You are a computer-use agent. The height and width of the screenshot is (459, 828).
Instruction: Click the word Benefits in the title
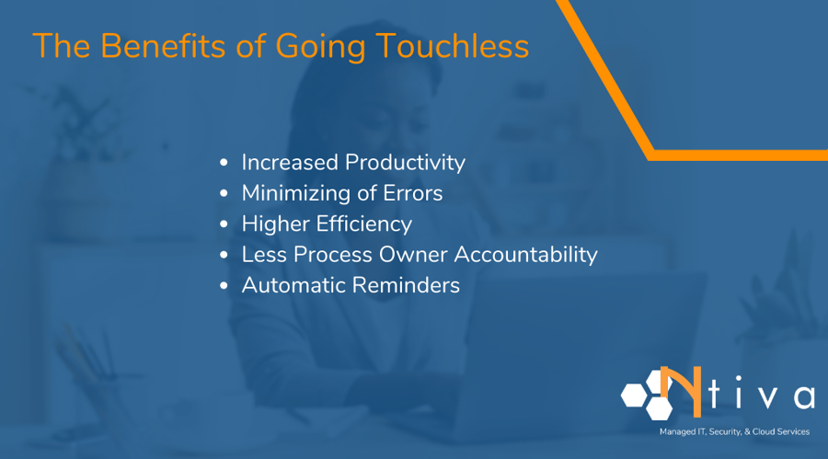(149, 46)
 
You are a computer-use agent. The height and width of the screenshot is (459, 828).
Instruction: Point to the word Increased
(290, 163)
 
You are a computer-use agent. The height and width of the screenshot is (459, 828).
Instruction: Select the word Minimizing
(294, 194)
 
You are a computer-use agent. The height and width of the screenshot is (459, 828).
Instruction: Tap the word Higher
(272, 224)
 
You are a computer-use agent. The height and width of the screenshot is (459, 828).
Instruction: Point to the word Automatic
(291, 285)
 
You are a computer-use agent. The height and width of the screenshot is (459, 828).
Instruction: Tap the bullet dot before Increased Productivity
(224, 164)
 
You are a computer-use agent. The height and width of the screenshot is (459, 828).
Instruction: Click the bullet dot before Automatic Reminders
(224, 286)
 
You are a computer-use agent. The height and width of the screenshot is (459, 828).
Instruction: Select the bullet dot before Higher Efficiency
(224, 224)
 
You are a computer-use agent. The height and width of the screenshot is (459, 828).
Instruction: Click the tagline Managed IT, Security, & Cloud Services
(734, 431)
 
